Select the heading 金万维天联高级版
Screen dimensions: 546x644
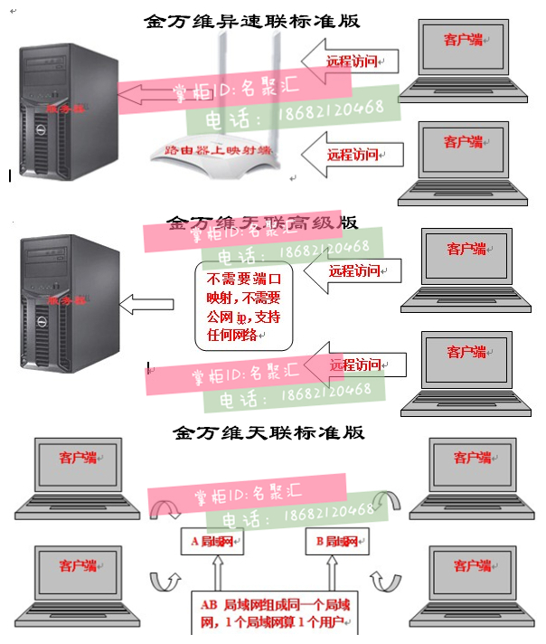pos(262,222)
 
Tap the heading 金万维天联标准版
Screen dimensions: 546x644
pos(270,432)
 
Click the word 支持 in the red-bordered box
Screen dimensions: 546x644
pos(269,317)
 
